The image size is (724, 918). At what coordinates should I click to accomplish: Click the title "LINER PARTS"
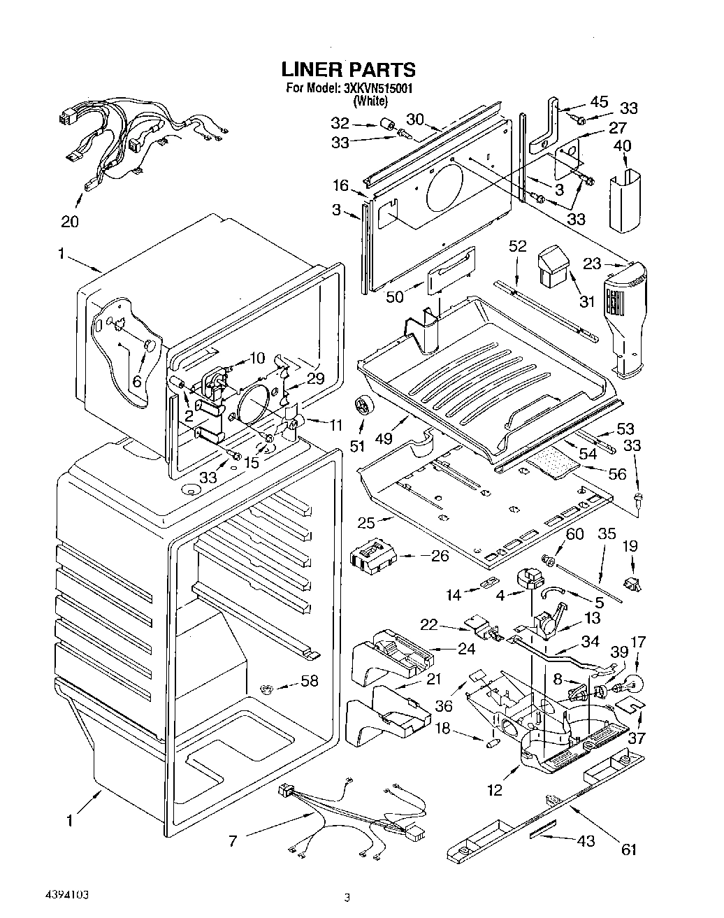pyautogui.click(x=348, y=69)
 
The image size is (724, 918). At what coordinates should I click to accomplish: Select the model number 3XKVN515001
pyautogui.click(x=377, y=89)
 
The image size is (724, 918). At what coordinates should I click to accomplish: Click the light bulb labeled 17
pyautogui.click(x=632, y=685)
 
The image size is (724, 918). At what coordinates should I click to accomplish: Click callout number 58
pyautogui.click(x=309, y=681)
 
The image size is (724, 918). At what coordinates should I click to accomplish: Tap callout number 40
pyautogui.click(x=623, y=146)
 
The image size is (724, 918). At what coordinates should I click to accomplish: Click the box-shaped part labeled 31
pyautogui.click(x=553, y=266)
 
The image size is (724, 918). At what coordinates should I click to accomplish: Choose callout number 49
pyautogui.click(x=384, y=438)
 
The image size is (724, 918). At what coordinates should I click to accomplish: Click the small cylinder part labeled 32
pyautogui.click(x=387, y=126)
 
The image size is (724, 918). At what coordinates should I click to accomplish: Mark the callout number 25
pyautogui.click(x=366, y=522)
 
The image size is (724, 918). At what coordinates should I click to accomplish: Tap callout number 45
pyautogui.click(x=599, y=101)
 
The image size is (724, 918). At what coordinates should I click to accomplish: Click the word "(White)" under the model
pyautogui.click(x=371, y=101)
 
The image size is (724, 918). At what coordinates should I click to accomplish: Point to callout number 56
pyautogui.click(x=617, y=473)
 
